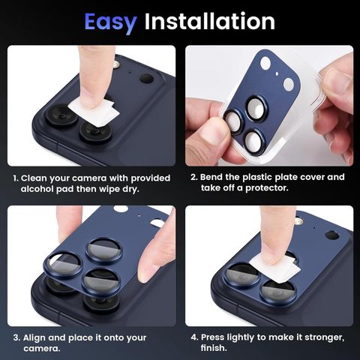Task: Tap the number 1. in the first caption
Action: coord(16,178)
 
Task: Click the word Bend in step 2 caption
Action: coord(214,178)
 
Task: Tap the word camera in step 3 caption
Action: coord(31,349)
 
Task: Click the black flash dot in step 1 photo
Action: coord(146,78)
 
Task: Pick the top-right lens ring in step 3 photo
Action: coord(103,250)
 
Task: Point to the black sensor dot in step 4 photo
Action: coord(331,235)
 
